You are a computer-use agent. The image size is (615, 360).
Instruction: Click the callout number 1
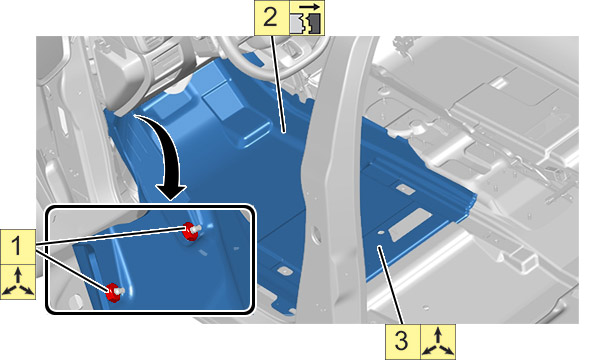[x=16, y=247]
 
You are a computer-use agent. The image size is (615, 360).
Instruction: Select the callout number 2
[x=271, y=18]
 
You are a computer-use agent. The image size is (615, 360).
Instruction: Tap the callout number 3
[x=401, y=340]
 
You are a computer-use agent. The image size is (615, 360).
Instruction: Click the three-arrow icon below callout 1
[x=18, y=281]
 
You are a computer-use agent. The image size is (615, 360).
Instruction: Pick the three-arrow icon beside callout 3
[x=438, y=342]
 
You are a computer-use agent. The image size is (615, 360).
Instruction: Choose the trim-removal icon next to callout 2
[x=307, y=18]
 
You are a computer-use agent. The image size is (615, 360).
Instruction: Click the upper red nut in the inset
[x=191, y=231]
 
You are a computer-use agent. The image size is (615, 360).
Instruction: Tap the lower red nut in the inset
[x=114, y=292]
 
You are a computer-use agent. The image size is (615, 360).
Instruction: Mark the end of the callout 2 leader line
[x=284, y=133]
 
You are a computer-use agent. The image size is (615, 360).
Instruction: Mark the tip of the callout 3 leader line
[x=379, y=247]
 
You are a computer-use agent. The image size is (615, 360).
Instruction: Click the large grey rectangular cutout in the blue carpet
[x=410, y=225]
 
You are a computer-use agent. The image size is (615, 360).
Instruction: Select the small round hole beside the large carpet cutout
[x=380, y=233]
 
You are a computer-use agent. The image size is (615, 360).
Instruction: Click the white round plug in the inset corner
[x=75, y=301]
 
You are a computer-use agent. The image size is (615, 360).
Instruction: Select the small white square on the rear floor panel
[x=499, y=83]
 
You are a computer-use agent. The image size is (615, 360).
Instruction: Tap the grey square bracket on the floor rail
[x=523, y=258]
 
